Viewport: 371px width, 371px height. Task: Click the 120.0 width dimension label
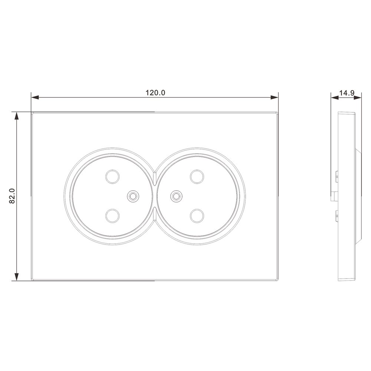click(x=155, y=92)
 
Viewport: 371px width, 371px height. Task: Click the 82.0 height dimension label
click(x=12, y=196)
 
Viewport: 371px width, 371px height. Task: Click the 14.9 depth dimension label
click(x=347, y=93)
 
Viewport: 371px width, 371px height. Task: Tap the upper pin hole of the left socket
click(x=112, y=177)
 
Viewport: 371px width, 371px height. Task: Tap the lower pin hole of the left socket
click(x=112, y=216)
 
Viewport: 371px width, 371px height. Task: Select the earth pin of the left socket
click(x=133, y=196)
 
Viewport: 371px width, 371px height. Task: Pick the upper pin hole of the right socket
click(x=197, y=177)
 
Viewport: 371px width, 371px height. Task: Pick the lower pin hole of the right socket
click(x=197, y=216)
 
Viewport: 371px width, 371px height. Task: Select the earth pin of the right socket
click(x=176, y=196)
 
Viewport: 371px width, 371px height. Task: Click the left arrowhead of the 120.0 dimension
click(x=35, y=97)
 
